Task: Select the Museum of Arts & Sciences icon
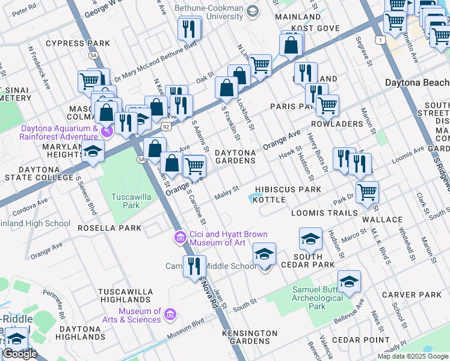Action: pos(170,315)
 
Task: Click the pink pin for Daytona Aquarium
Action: pos(106,129)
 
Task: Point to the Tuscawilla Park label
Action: pos(128,201)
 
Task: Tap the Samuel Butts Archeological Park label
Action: pos(317,298)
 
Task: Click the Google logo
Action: pos(20,354)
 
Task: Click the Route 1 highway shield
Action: pos(380,40)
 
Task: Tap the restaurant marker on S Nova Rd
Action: pos(193,266)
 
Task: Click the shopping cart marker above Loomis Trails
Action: pos(367,193)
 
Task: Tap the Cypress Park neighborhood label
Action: pos(82,43)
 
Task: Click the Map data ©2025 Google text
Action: pos(413,356)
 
